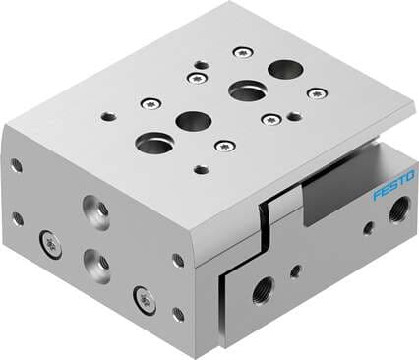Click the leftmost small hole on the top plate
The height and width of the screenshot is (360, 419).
click(108, 116)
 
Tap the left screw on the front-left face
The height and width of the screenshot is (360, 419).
click(49, 244)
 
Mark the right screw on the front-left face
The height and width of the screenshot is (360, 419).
click(146, 296)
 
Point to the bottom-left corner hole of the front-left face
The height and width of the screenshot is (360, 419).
click(18, 219)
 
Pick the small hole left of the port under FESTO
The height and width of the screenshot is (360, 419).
click(367, 229)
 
